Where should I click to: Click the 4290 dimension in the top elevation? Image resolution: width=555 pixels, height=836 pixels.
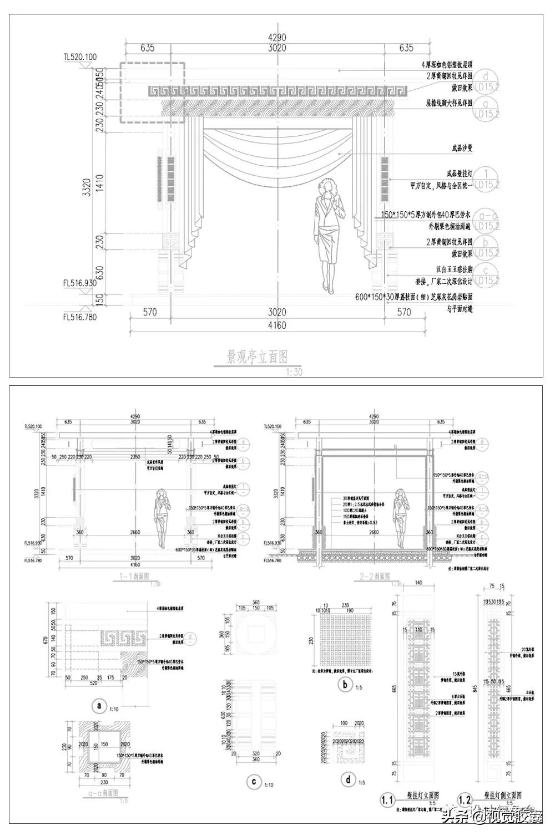coord(277,37)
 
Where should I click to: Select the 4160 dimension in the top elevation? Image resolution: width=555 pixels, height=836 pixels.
coord(277,325)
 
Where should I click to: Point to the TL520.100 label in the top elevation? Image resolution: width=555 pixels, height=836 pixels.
coord(80,57)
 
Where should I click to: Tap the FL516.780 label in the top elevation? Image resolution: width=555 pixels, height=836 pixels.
coord(80,317)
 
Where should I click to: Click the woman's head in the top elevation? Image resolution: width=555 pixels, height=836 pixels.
coord(329,187)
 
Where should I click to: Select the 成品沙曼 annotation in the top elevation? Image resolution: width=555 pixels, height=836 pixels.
coord(461,149)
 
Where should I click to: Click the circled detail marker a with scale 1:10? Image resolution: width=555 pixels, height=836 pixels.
coord(99,706)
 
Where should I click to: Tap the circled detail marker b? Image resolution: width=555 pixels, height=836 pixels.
coord(345,685)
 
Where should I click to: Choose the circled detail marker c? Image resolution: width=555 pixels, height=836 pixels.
coord(253,782)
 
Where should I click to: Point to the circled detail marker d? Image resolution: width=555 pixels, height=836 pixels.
coord(348,780)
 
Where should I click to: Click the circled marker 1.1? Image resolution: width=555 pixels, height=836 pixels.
coord(387,800)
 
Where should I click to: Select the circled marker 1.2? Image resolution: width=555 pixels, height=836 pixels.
coord(465,800)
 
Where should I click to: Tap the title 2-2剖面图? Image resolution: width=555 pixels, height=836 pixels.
coord(372,577)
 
